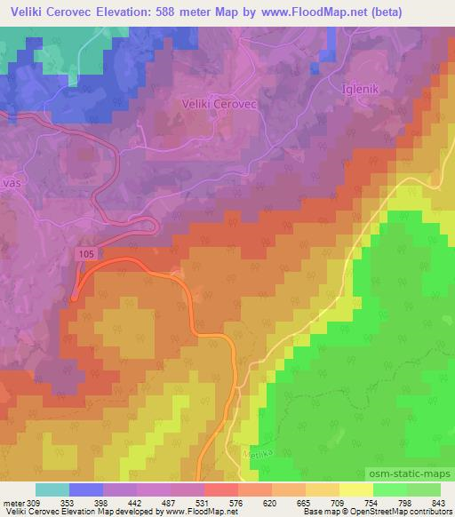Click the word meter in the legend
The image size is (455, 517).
pyautogui.click(x=15, y=502)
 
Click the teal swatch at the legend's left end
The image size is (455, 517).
pyautogui.click(x=52, y=489)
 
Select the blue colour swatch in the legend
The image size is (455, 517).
pyautogui.click(x=86, y=489)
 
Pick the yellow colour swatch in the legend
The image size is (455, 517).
pyautogui.click(x=355, y=489)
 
